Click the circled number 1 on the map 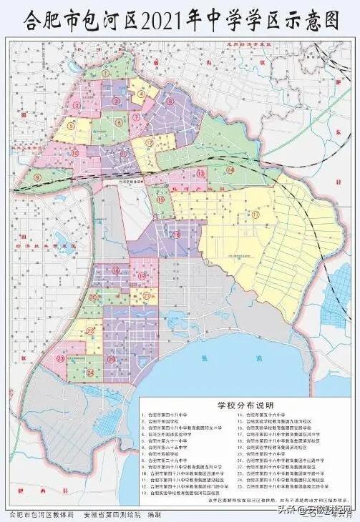point(105,72)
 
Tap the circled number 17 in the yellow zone point(256,214)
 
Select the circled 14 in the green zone point(230,169)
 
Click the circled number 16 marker point(176,235)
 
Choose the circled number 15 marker point(159,199)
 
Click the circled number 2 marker point(74,106)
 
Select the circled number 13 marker point(201,174)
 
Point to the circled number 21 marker point(146,295)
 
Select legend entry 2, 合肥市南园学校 point(171,423)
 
